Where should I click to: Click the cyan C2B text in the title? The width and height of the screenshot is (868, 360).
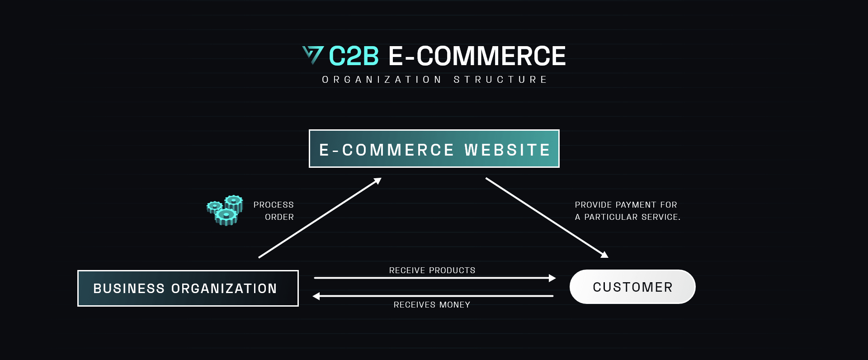[354, 56]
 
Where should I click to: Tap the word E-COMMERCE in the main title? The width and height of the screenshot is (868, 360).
[477, 56]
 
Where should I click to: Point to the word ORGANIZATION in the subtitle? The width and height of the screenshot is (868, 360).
[382, 80]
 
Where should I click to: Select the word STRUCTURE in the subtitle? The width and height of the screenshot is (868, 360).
[500, 80]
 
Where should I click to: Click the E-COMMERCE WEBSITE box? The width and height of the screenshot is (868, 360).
[434, 148]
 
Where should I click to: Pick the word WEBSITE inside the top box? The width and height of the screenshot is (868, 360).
[507, 150]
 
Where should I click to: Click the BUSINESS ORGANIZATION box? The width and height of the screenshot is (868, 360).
[188, 288]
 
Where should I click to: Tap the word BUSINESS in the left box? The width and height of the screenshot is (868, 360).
[129, 289]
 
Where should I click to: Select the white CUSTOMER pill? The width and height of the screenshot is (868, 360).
[632, 287]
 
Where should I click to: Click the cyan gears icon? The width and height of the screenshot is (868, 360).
[225, 210]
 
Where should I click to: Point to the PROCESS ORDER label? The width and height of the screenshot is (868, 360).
[274, 211]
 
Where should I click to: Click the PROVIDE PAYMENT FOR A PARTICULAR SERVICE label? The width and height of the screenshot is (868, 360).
[627, 211]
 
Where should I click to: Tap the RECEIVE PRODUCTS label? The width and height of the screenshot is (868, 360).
[432, 270]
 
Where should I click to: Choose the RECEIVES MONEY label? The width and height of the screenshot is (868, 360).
[432, 305]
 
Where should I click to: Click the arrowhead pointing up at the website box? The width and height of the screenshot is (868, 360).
[377, 181]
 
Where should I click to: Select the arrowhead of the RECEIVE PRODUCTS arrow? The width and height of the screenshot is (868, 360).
[552, 278]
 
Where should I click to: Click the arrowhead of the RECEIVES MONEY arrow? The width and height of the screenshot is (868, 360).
[316, 296]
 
